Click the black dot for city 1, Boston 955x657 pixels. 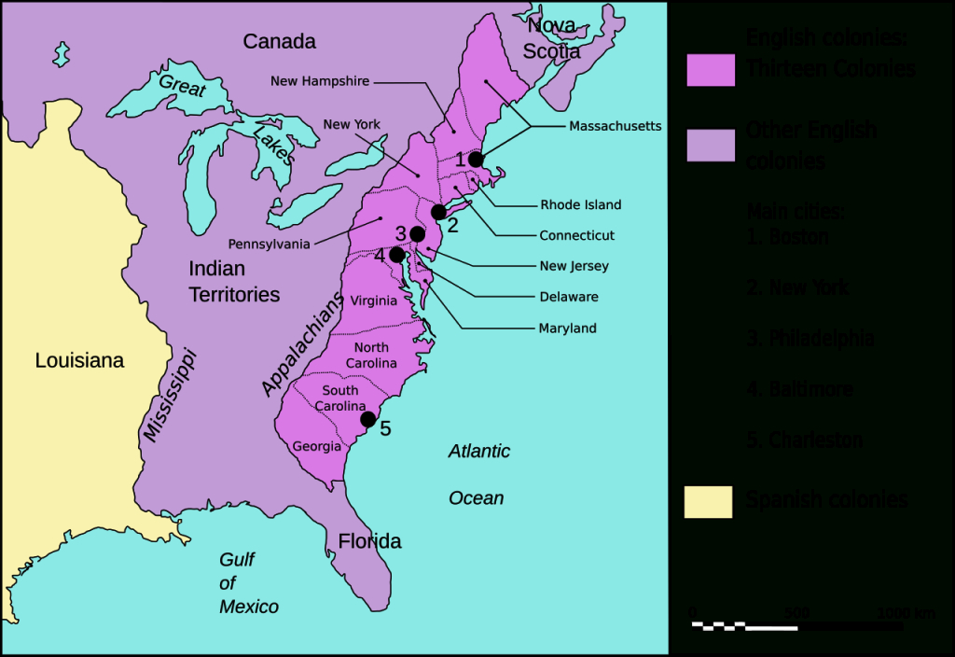476,160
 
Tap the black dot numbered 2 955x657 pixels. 439,213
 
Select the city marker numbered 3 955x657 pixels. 417,233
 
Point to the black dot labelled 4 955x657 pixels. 397,255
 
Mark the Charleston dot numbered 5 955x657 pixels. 368,419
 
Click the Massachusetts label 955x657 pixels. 615,126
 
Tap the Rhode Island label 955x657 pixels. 580,205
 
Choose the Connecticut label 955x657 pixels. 576,236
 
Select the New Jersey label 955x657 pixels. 574,266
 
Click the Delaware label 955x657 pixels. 569,297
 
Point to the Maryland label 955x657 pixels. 567,328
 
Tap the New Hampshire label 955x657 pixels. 320,81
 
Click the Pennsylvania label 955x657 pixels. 269,245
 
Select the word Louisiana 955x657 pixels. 79,360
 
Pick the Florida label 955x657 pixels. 369,541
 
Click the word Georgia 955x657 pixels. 317,446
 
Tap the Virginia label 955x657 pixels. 374,301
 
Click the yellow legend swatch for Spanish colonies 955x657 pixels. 709,501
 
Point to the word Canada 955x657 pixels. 279,41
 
